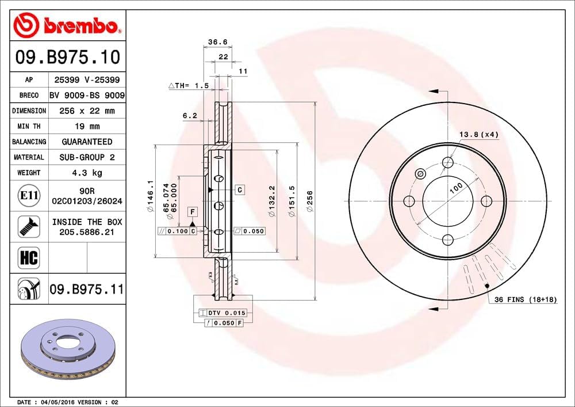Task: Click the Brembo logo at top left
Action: pos(67,25)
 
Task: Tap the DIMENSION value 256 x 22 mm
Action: pos(87,111)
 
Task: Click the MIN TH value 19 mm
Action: pos(87,126)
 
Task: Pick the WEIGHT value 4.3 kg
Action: pos(87,172)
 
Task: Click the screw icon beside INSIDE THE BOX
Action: pos(28,226)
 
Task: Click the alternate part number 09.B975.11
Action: pos(87,288)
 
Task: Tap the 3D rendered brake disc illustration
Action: pos(68,348)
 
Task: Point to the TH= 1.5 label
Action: pos(188,85)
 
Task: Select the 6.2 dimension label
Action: pos(190,116)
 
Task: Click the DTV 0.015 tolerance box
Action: pos(222,313)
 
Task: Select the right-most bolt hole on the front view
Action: pos(486,201)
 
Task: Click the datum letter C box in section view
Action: pos(239,189)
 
